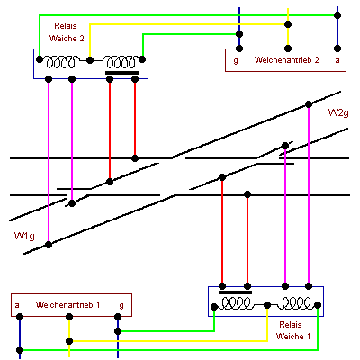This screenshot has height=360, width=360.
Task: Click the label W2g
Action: coord(338,113)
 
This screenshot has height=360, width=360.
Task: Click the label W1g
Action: coord(24,236)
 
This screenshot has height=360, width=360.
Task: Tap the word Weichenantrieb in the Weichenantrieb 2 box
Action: coord(282,59)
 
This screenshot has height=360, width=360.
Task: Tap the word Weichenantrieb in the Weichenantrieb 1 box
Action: coord(63,305)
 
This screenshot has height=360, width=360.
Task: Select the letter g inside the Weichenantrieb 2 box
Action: coord(236,60)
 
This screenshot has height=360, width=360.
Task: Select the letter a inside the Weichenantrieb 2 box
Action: coord(337,60)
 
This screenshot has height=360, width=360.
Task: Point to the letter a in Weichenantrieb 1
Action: coord(17,305)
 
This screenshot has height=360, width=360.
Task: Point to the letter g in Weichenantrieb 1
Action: coord(121,306)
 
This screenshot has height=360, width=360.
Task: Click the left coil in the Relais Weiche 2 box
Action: coord(60,62)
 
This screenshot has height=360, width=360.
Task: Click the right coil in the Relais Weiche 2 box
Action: coord(121,62)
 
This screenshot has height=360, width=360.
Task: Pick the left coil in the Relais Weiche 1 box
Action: coord(236,303)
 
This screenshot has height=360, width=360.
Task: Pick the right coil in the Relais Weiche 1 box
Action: coord(296,303)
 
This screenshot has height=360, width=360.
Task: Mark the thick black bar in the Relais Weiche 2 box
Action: coord(121,73)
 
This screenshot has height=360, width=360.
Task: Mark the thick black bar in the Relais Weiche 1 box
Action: coord(235,292)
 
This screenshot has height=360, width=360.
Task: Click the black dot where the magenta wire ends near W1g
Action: coord(49,245)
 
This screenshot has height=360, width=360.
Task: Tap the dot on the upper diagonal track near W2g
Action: coord(309,104)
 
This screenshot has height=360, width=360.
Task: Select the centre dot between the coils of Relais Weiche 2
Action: coord(90,60)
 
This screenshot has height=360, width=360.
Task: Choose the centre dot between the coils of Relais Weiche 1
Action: coord(267,305)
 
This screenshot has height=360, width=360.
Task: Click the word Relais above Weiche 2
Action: coord(66,26)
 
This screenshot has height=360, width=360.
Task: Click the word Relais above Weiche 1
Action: coord(291,325)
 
